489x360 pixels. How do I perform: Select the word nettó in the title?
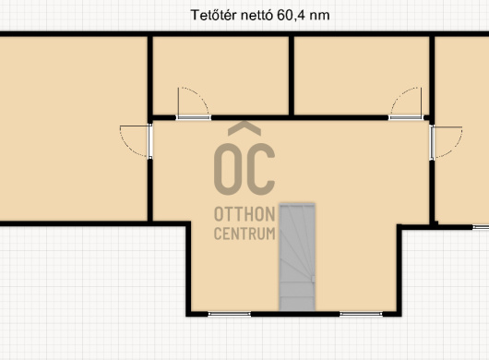pos(256,15)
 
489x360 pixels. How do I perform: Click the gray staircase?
pos(297,257)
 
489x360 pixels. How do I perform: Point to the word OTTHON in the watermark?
pos(244,214)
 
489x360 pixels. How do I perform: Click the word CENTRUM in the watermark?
pos(244,234)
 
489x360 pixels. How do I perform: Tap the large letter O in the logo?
pos(227,169)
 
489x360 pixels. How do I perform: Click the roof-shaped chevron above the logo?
pos(244,128)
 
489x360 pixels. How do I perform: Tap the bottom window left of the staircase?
pos(229,314)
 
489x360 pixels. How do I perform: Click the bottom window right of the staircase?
pos(361,314)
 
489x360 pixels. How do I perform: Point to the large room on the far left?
pos(74,128)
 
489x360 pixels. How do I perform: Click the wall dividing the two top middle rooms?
pos(292,76)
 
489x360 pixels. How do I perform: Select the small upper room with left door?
pos(221,76)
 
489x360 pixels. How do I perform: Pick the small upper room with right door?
pos(362,76)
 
